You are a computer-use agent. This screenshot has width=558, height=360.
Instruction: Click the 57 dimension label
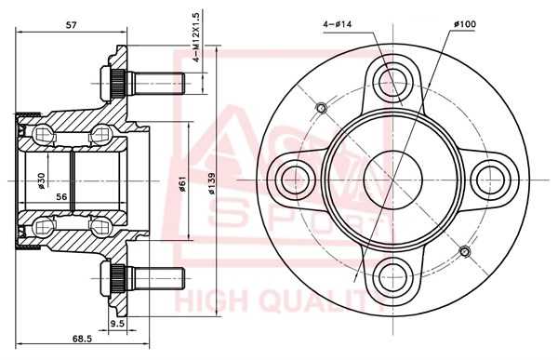click(72, 25)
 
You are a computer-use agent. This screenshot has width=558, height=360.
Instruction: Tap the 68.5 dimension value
click(82, 339)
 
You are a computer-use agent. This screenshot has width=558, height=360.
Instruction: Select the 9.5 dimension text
click(117, 324)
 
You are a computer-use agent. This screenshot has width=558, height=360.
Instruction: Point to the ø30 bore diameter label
click(42, 180)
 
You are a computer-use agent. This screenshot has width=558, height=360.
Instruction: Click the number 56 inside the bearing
click(61, 196)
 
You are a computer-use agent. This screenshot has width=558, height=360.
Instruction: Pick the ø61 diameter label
click(182, 185)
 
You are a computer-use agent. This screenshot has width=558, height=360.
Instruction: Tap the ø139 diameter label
click(212, 184)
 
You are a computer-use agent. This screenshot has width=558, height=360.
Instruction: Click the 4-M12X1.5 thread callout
click(197, 36)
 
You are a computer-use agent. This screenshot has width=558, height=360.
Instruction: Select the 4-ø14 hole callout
click(337, 24)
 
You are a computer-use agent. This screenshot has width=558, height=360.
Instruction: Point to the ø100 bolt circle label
click(465, 24)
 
